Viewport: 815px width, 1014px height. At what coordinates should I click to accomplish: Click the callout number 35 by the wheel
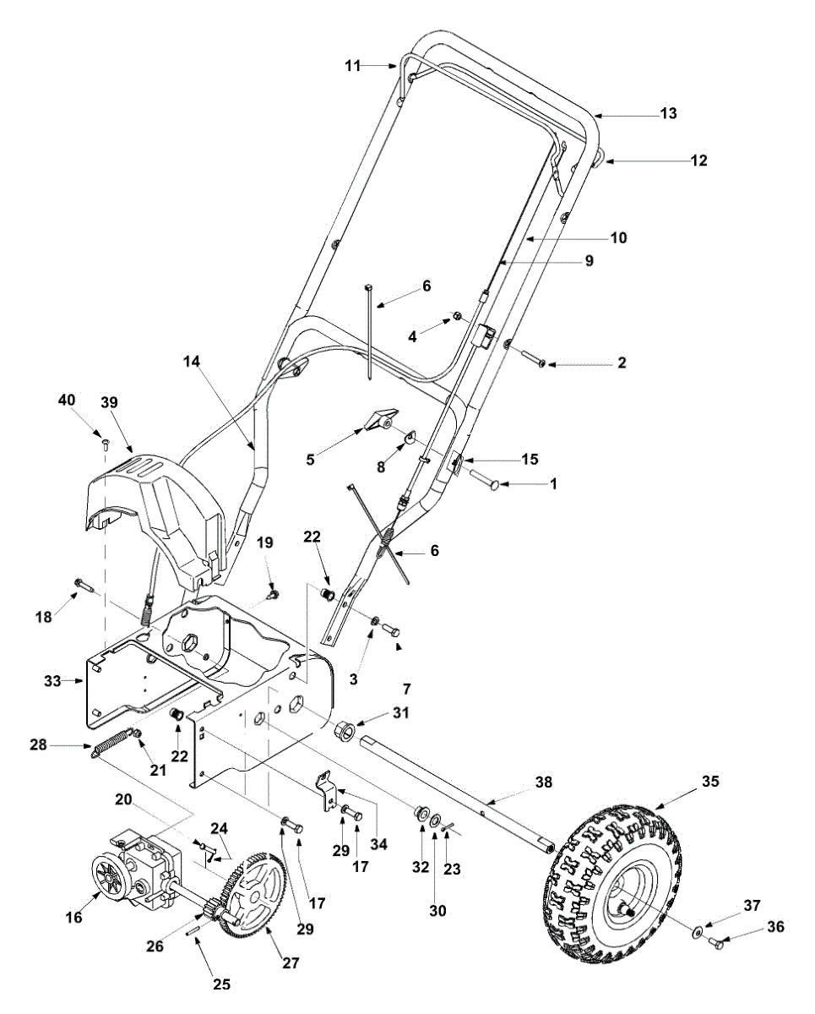point(710,782)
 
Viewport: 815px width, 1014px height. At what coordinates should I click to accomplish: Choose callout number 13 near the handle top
point(669,113)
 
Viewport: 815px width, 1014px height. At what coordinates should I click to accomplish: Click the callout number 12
point(699,161)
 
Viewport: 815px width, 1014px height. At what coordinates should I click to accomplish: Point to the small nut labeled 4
point(457,315)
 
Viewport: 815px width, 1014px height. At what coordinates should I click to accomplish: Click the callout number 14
point(192,362)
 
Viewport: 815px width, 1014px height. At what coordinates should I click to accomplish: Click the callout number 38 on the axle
point(544,782)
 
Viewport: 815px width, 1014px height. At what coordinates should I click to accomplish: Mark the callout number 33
point(52,681)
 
